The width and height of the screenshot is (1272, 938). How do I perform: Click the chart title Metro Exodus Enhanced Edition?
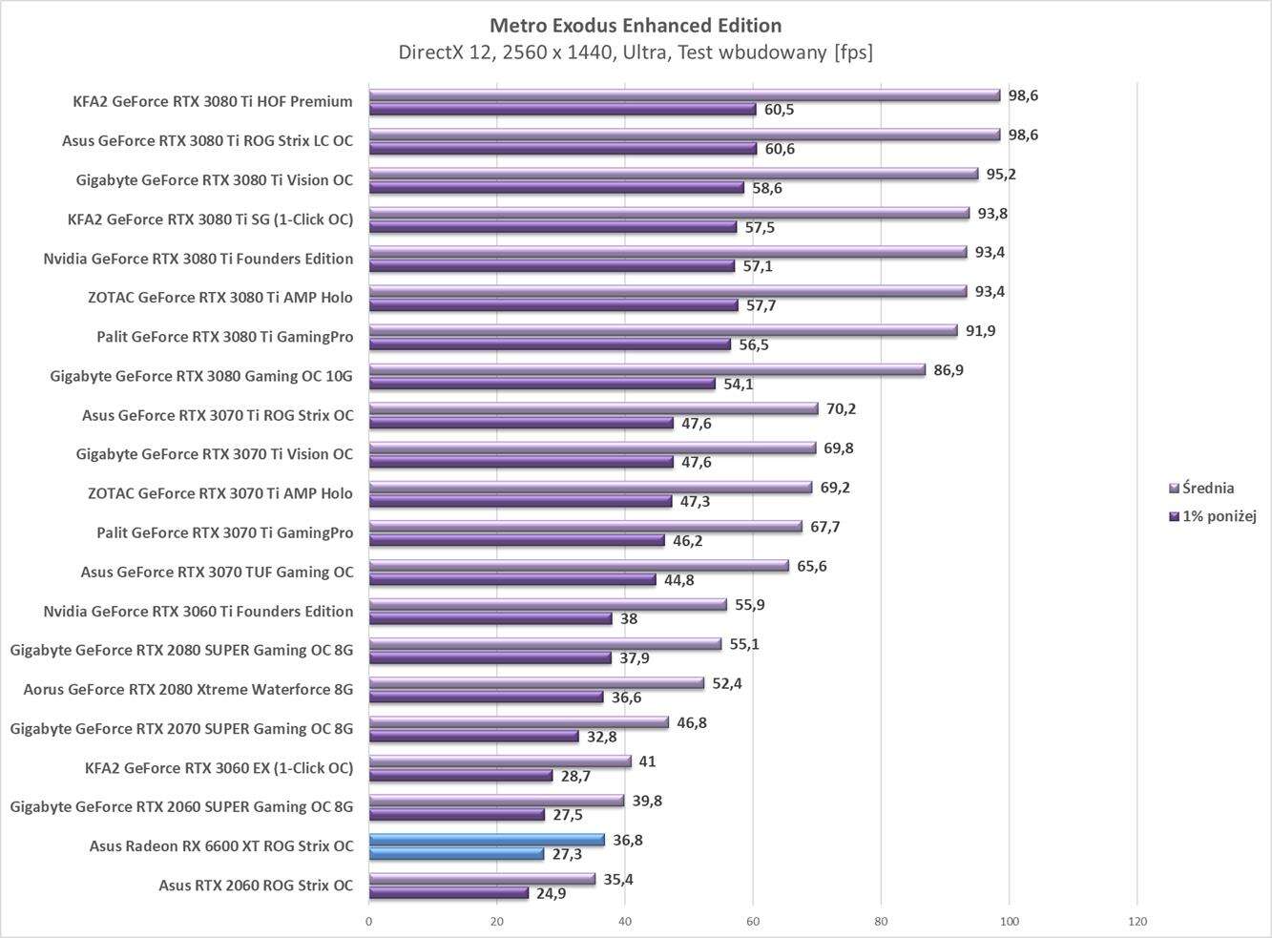click(635, 25)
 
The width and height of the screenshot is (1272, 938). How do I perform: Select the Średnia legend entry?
click(1207, 488)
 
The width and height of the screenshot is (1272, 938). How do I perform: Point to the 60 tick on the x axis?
click(753, 922)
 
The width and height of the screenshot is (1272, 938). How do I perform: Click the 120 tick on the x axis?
click(1136, 922)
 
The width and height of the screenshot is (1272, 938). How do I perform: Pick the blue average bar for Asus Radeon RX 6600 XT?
click(487, 840)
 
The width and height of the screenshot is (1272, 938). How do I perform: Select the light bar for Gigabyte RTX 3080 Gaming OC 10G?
click(647, 369)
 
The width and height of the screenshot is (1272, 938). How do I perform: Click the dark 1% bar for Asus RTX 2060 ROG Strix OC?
click(448, 893)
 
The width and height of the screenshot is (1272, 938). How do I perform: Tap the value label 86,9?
click(949, 369)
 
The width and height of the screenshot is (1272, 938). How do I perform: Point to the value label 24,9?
click(551, 894)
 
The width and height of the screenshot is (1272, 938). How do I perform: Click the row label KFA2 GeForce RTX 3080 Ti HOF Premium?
click(213, 101)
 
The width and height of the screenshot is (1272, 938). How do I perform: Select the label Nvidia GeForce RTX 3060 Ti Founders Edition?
click(198, 611)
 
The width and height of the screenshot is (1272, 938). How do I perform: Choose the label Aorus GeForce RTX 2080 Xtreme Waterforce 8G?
click(188, 689)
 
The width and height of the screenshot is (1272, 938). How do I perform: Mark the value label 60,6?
click(779, 149)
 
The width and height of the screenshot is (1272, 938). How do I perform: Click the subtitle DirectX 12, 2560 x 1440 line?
click(635, 52)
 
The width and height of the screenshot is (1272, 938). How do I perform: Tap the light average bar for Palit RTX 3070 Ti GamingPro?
click(585, 526)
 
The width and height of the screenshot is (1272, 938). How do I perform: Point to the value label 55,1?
click(744, 644)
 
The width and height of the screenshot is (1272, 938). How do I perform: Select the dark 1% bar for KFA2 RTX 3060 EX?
click(460, 776)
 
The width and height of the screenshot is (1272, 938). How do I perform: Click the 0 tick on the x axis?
click(369, 922)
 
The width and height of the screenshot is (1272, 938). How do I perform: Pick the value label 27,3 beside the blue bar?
click(567, 854)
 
